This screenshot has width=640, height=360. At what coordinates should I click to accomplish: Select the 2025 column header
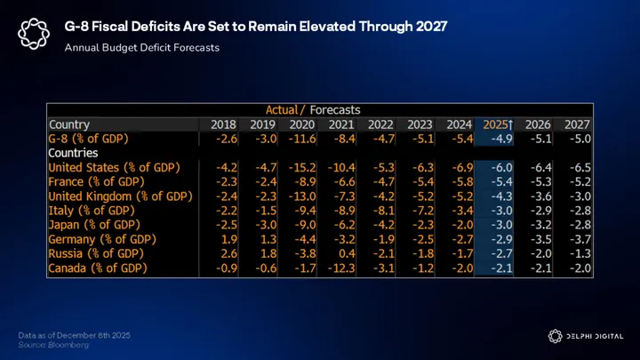(x=497, y=124)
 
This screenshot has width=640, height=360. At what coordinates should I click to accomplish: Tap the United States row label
(x=114, y=167)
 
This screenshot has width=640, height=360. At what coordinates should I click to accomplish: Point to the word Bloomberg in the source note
(x=69, y=343)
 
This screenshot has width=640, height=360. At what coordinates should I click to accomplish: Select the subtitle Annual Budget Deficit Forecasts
(x=142, y=47)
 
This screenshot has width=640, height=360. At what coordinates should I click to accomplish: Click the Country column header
(x=69, y=124)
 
